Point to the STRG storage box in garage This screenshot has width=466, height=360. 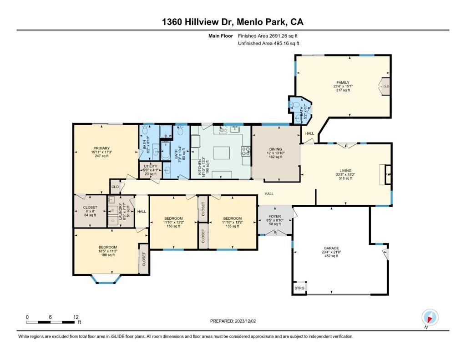pos(299,289)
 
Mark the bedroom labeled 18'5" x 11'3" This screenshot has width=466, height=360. pos(108,251)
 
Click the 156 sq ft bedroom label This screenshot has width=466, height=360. pos(173,222)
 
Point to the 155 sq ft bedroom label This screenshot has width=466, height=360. pos(232,222)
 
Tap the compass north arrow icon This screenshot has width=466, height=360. pos(430,317)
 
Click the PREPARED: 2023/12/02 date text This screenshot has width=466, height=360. pos(233,321)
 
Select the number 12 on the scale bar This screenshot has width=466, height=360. pos(76,317)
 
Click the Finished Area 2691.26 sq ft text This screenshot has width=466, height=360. pos(268,36)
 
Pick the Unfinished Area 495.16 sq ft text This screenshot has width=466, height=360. pos(268,44)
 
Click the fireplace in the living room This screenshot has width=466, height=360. pos(386,174)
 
